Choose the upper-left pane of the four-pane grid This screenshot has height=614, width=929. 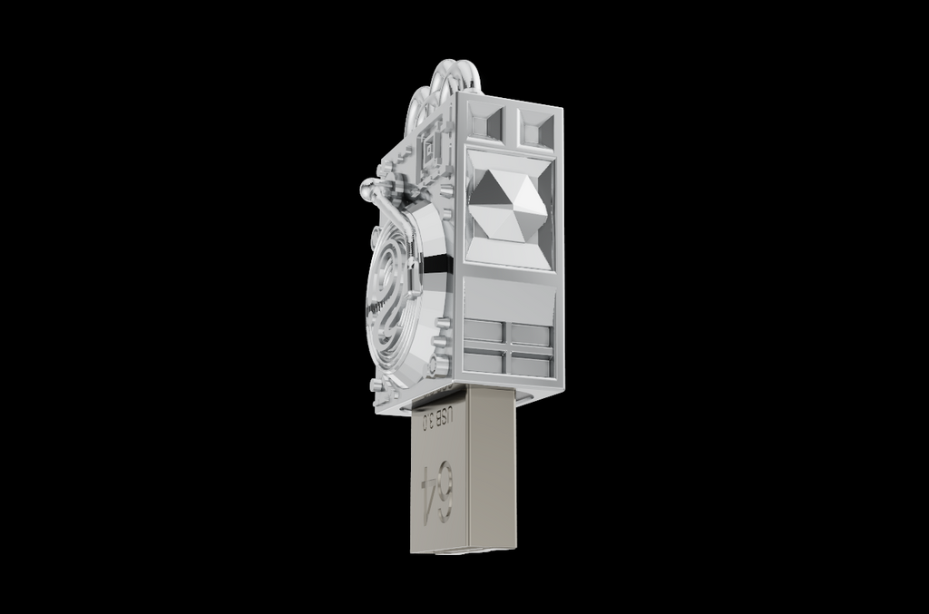point(484,331)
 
